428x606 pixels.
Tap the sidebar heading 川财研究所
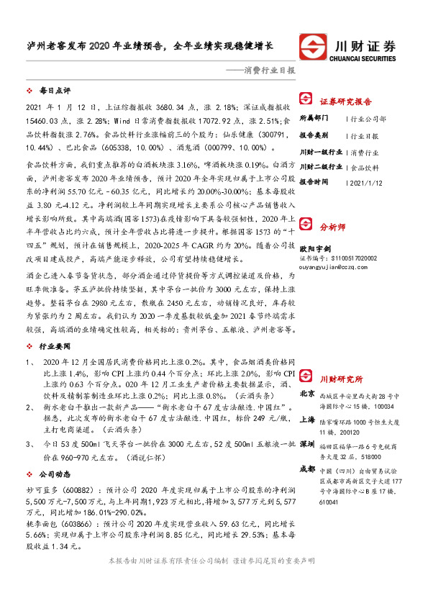pyautogui.click(x=341, y=379)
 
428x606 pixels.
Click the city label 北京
pyautogui.click(x=307, y=394)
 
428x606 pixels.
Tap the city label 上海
pyautogui.click(x=307, y=419)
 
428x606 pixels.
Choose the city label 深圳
pyautogui.click(x=307, y=443)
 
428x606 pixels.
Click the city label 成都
pyautogui.click(x=307, y=468)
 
